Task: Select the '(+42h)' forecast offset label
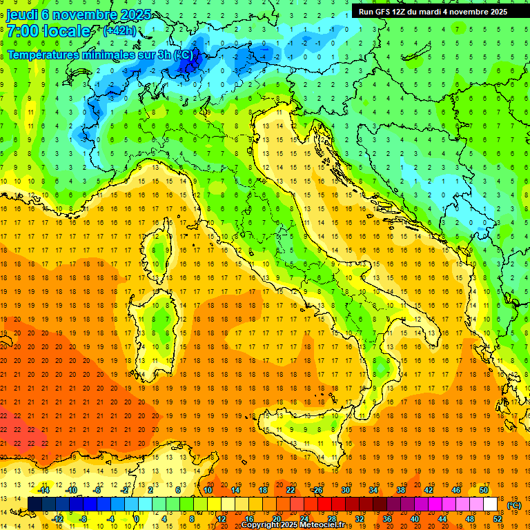119,31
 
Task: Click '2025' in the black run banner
495,11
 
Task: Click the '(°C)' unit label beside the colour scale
514,504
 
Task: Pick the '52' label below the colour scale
498,519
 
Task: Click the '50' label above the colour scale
483,490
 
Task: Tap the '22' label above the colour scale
291,490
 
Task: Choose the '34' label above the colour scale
373,490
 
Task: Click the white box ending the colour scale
491,504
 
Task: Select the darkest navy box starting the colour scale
35,504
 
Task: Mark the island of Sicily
297,435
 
